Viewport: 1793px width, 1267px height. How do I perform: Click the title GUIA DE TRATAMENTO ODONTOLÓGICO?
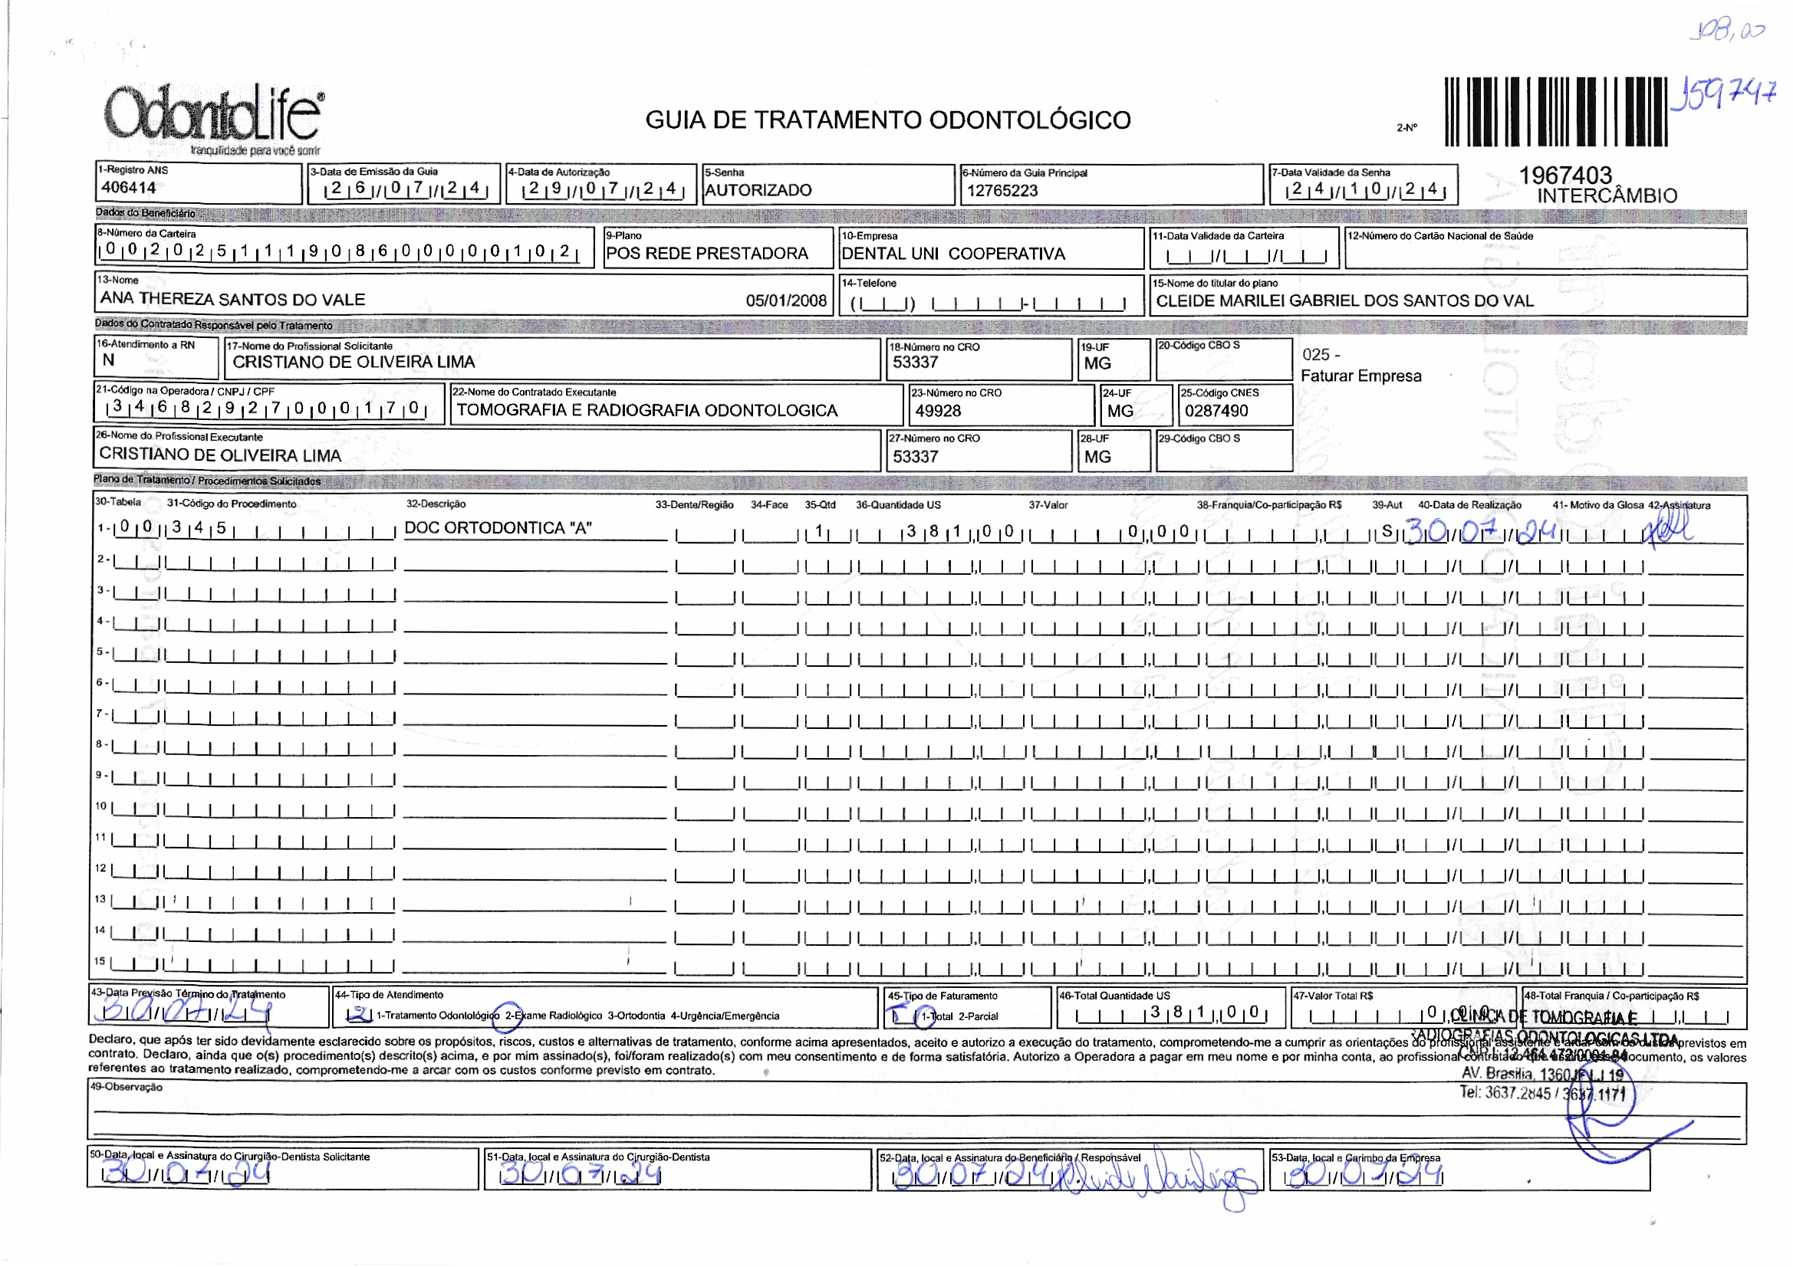(887, 120)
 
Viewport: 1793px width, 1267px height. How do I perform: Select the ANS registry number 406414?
(128, 187)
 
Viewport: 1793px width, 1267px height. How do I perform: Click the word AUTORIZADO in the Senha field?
(758, 189)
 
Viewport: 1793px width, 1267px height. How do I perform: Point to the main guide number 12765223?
(1002, 191)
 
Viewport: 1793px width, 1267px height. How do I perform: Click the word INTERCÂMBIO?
(1607, 196)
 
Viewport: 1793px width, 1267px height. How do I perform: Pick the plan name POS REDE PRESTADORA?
(707, 253)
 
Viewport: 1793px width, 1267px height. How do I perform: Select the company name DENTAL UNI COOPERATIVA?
(952, 254)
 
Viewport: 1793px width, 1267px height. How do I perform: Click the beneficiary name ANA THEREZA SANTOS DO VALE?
(232, 299)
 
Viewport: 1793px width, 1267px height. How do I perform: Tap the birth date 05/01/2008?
(785, 300)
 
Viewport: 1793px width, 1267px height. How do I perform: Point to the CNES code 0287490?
(1216, 411)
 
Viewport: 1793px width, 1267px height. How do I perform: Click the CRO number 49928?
(938, 411)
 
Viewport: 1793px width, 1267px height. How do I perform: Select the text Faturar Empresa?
(1360, 376)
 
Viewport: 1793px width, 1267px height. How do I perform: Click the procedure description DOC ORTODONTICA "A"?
(498, 527)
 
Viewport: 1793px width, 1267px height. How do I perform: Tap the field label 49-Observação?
(126, 1087)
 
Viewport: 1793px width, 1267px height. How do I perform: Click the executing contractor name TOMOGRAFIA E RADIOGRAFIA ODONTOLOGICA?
(646, 411)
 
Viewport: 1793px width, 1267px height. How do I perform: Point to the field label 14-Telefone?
(868, 284)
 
